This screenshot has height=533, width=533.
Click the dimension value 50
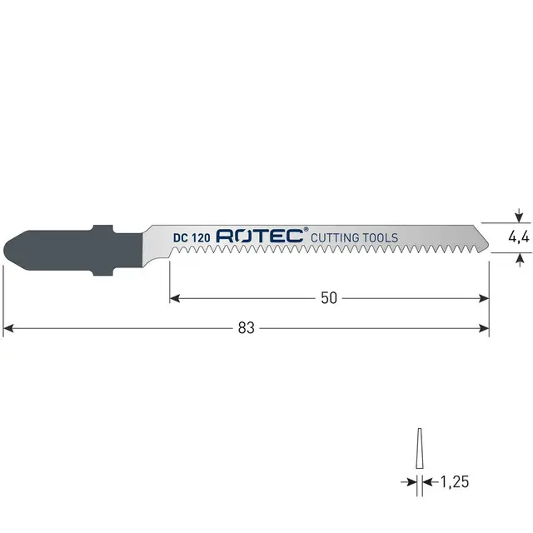click(329, 297)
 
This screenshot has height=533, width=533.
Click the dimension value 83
click(246, 328)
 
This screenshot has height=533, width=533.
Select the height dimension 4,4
click(520, 237)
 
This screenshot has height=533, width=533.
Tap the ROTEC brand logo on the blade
click(261, 237)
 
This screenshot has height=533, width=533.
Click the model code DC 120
click(192, 237)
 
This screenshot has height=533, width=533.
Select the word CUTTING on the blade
click(337, 237)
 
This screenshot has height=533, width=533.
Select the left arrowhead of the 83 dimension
click(8, 328)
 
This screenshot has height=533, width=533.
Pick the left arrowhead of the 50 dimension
click(175, 297)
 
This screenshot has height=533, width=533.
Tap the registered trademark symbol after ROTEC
click(306, 230)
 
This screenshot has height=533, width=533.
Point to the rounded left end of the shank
click(9, 248)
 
